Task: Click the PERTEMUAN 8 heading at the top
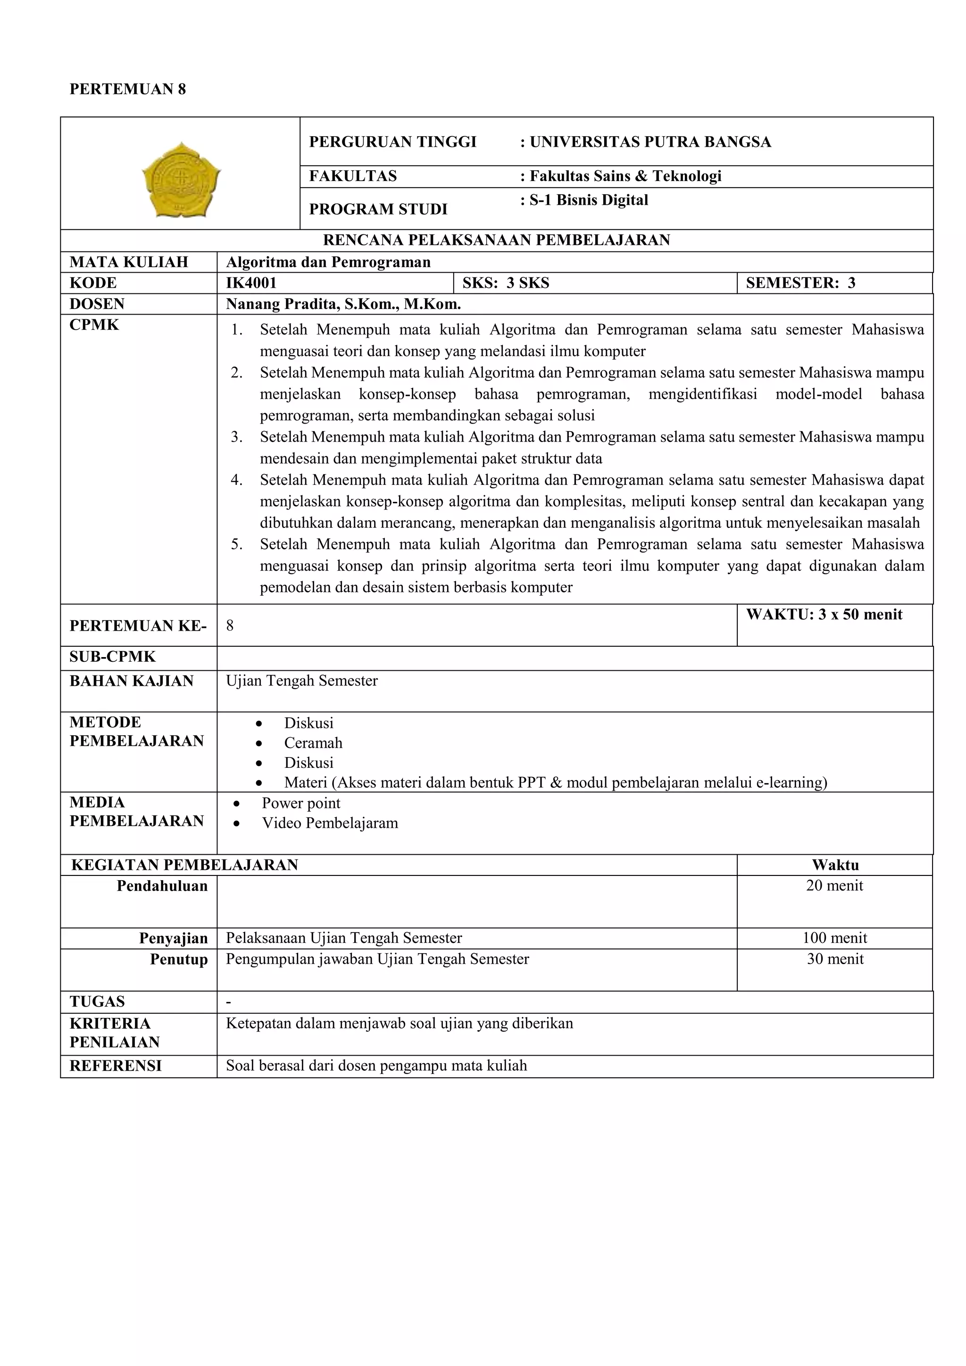coord(127,89)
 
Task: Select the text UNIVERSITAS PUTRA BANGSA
coord(650,142)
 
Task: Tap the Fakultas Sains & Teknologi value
coord(625,176)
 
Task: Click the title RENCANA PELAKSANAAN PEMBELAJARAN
coord(496,241)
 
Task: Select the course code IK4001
coord(251,283)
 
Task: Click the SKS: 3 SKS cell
coord(506,283)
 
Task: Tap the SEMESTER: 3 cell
coord(800,283)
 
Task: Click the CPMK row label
coord(94,325)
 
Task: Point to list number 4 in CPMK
coord(237,480)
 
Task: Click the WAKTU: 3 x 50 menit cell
coord(824,615)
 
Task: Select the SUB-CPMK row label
coord(112,657)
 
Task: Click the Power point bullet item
coord(301,803)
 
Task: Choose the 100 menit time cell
coord(834,938)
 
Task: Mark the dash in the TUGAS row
coord(229,1002)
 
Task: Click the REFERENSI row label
coord(116,1066)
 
